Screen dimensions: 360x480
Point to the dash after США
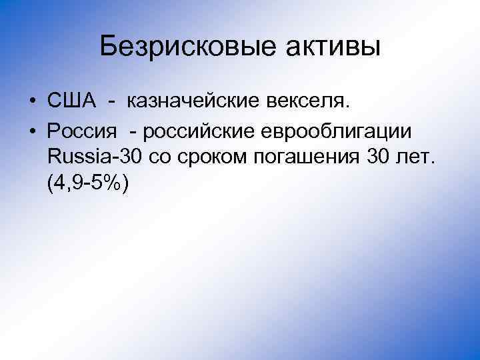tap(113, 101)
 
